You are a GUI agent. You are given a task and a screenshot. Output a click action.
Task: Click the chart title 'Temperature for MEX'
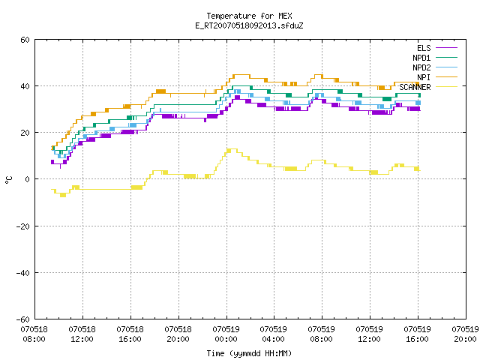249,16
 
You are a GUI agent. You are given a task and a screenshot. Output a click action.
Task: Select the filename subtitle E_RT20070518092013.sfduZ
249,25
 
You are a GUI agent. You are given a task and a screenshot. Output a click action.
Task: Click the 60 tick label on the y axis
25,40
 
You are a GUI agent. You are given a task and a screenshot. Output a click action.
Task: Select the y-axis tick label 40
25,86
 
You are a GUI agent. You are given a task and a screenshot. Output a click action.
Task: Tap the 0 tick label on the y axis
28,179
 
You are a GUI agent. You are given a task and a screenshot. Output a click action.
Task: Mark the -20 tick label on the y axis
23,226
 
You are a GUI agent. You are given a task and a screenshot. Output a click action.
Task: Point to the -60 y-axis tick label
23,319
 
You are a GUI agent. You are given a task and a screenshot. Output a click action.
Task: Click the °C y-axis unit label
9,180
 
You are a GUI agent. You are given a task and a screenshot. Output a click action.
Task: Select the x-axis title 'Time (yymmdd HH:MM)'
249,353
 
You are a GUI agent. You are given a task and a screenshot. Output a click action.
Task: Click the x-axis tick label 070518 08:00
34,334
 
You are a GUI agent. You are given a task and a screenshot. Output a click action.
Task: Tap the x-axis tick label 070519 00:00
226,334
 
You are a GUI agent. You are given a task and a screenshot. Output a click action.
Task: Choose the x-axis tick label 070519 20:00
466,334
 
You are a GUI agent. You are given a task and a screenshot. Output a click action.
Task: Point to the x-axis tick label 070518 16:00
130,334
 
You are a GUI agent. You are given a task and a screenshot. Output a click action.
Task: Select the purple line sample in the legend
446,48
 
